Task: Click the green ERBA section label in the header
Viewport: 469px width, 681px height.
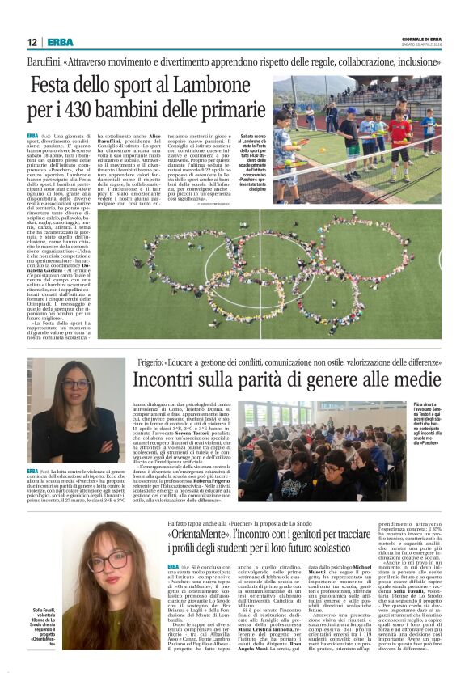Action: point(60,42)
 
